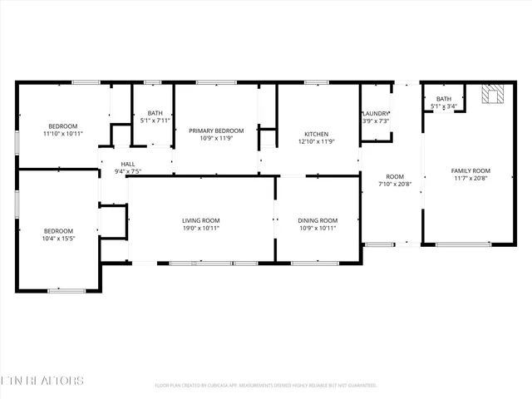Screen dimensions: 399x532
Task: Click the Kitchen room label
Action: pyautogui.click(x=316, y=134)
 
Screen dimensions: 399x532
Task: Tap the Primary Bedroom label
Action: pyautogui.click(x=216, y=131)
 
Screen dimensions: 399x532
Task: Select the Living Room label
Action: pyautogui.click(x=200, y=220)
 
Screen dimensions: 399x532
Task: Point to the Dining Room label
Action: pyautogui.click(x=318, y=220)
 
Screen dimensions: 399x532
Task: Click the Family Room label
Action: pyautogui.click(x=470, y=170)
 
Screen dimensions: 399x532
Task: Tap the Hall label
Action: pyautogui.click(x=128, y=165)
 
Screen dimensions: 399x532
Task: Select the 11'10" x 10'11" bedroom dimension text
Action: pyautogui.click(x=64, y=133)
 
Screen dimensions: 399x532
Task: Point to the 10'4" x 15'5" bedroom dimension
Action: pyautogui.click(x=58, y=239)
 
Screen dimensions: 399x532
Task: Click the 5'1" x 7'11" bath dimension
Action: pyautogui.click(x=155, y=121)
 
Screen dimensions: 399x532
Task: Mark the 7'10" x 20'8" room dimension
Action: pyautogui.click(x=395, y=185)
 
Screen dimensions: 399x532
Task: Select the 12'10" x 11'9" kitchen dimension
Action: pyautogui.click(x=316, y=141)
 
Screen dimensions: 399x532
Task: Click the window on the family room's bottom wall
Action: pyautogui.click(x=462, y=244)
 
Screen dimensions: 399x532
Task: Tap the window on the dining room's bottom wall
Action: pyautogui.click(x=314, y=264)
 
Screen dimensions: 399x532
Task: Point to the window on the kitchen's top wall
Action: pyautogui.click(x=316, y=82)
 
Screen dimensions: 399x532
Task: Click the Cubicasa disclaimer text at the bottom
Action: pyautogui.click(x=266, y=386)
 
